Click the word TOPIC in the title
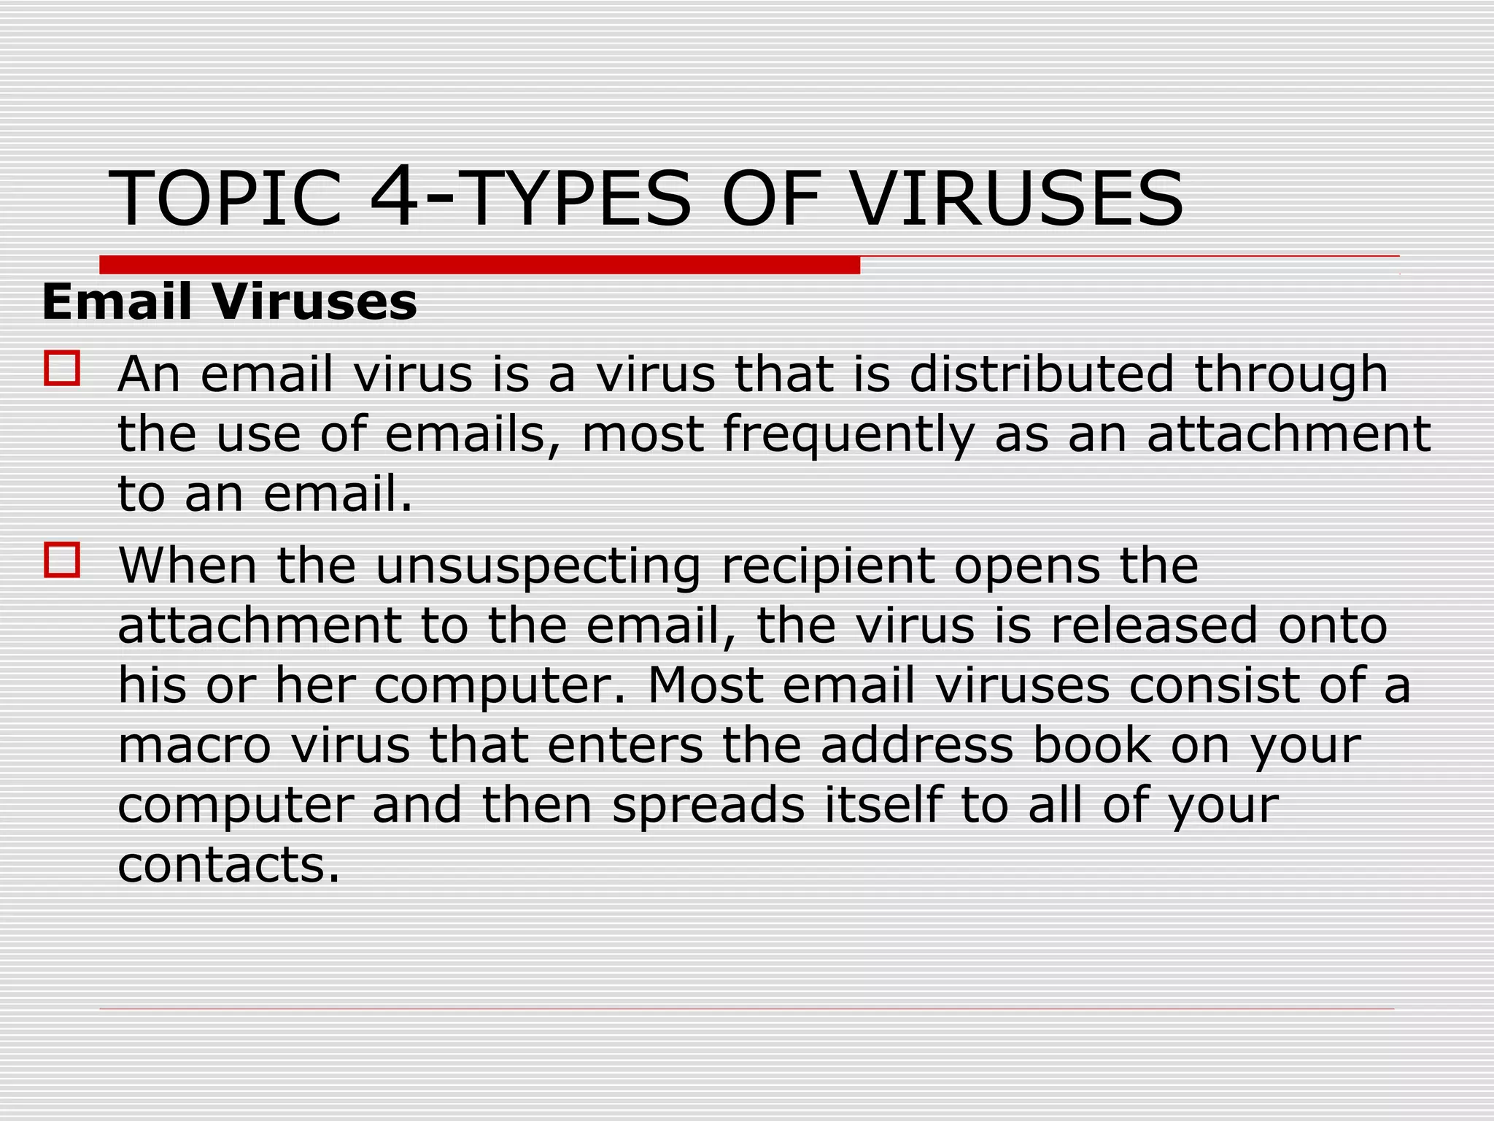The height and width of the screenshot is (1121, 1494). click(225, 199)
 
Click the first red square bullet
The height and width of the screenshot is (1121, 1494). click(62, 368)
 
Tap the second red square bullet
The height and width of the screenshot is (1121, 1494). click(62, 560)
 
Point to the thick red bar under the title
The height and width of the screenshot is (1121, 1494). click(479, 264)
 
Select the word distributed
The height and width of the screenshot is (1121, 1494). click(1042, 374)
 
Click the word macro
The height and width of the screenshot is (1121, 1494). click(195, 746)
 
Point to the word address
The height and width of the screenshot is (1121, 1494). click(917, 745)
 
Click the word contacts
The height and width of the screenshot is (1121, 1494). click(228, 866)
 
